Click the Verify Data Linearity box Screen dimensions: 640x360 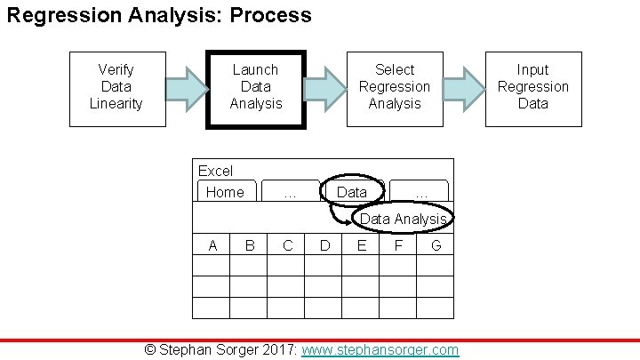click(x=116, y=87)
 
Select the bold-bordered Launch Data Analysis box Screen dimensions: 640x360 click(x=256, y=88)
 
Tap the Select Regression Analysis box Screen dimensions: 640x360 click(x=394, y=87)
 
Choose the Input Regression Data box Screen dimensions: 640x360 click(x=533, y=87)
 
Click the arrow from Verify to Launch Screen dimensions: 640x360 click(x=187, y=88)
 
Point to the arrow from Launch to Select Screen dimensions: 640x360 click(x=326, y=88)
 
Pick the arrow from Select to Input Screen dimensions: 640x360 click(x=465, y=88)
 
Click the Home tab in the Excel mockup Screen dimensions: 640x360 click(x=225, y=192)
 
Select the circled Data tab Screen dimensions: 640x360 click(x=352, y=192)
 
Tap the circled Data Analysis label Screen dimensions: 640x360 click(x=403, y=219)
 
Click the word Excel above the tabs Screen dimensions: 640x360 click(x=215, y=171)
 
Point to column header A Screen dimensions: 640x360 click(x=212, y=245)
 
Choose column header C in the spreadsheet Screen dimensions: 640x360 click(x=287, y=245)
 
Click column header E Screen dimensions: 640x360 click(x=361, y=245)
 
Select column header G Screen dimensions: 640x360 click(x=436, y=245)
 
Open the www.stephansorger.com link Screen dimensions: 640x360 click(x=380, y=349)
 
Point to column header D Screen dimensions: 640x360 click(x=324, y=245)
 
